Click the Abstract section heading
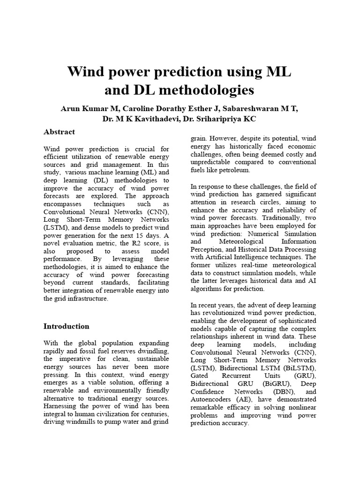tap(59, 132)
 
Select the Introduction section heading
tap(66, 326)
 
